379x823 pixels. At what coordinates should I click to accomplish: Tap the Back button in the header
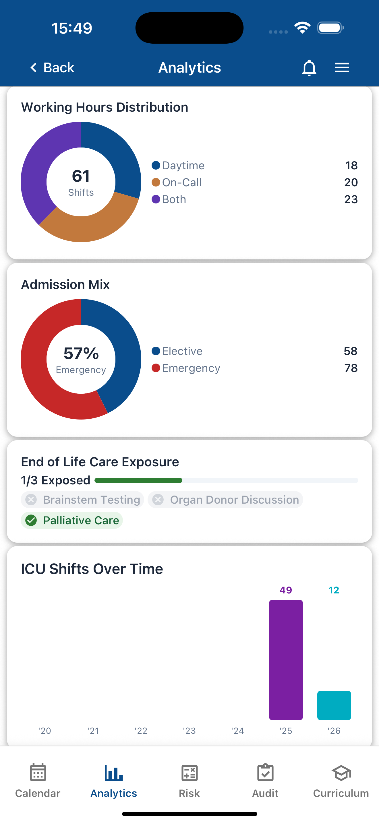click(x=52, y=68)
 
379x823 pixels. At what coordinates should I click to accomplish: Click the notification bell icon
click(x=309, y=68)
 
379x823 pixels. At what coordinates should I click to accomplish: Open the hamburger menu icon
click(x=342, y=68)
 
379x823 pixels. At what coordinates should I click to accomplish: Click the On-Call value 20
click(x=351, y=183)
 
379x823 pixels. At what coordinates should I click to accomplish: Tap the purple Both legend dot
click(x=156, y=199)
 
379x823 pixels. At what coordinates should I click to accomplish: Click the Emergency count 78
click(x=351, y=368)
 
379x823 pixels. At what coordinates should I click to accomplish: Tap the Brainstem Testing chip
click(x=82, y=500)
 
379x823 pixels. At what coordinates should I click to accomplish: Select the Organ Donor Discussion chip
click(x=225, y=500)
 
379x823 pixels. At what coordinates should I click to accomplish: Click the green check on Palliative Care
click(x=31, y=521)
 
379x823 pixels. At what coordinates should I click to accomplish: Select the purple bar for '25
click(x=286, y=660)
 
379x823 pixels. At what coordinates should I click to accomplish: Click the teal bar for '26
click(x=334, y=705)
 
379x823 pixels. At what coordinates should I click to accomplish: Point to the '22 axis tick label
click(x=141, y=731)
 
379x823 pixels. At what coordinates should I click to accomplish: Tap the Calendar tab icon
click(x=38, y=773)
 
